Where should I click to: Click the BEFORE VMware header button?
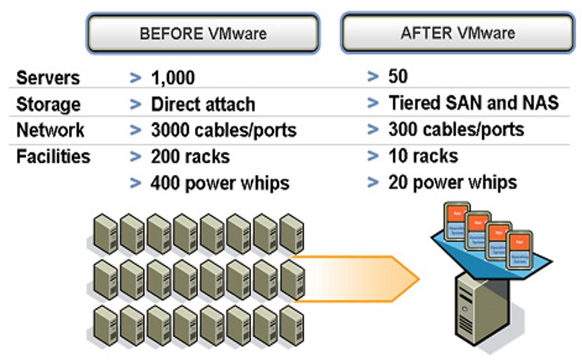tap(203, 33)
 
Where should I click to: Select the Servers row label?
tap(47, 78)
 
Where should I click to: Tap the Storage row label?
tap(48, 104)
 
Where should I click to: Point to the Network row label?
tap(50, 130)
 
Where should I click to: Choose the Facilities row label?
tap(53, 156)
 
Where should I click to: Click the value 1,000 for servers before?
tap(173, 78)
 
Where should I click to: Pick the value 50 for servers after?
tap(398, 76)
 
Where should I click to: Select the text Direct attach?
tap(203, 104)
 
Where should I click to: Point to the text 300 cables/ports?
tap(456, 130)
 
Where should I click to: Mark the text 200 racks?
tap(190, 157)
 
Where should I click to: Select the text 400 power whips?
tap(219, 183)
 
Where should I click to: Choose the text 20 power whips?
tap(453, 181)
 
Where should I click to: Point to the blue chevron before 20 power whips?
tap(372, 182)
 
